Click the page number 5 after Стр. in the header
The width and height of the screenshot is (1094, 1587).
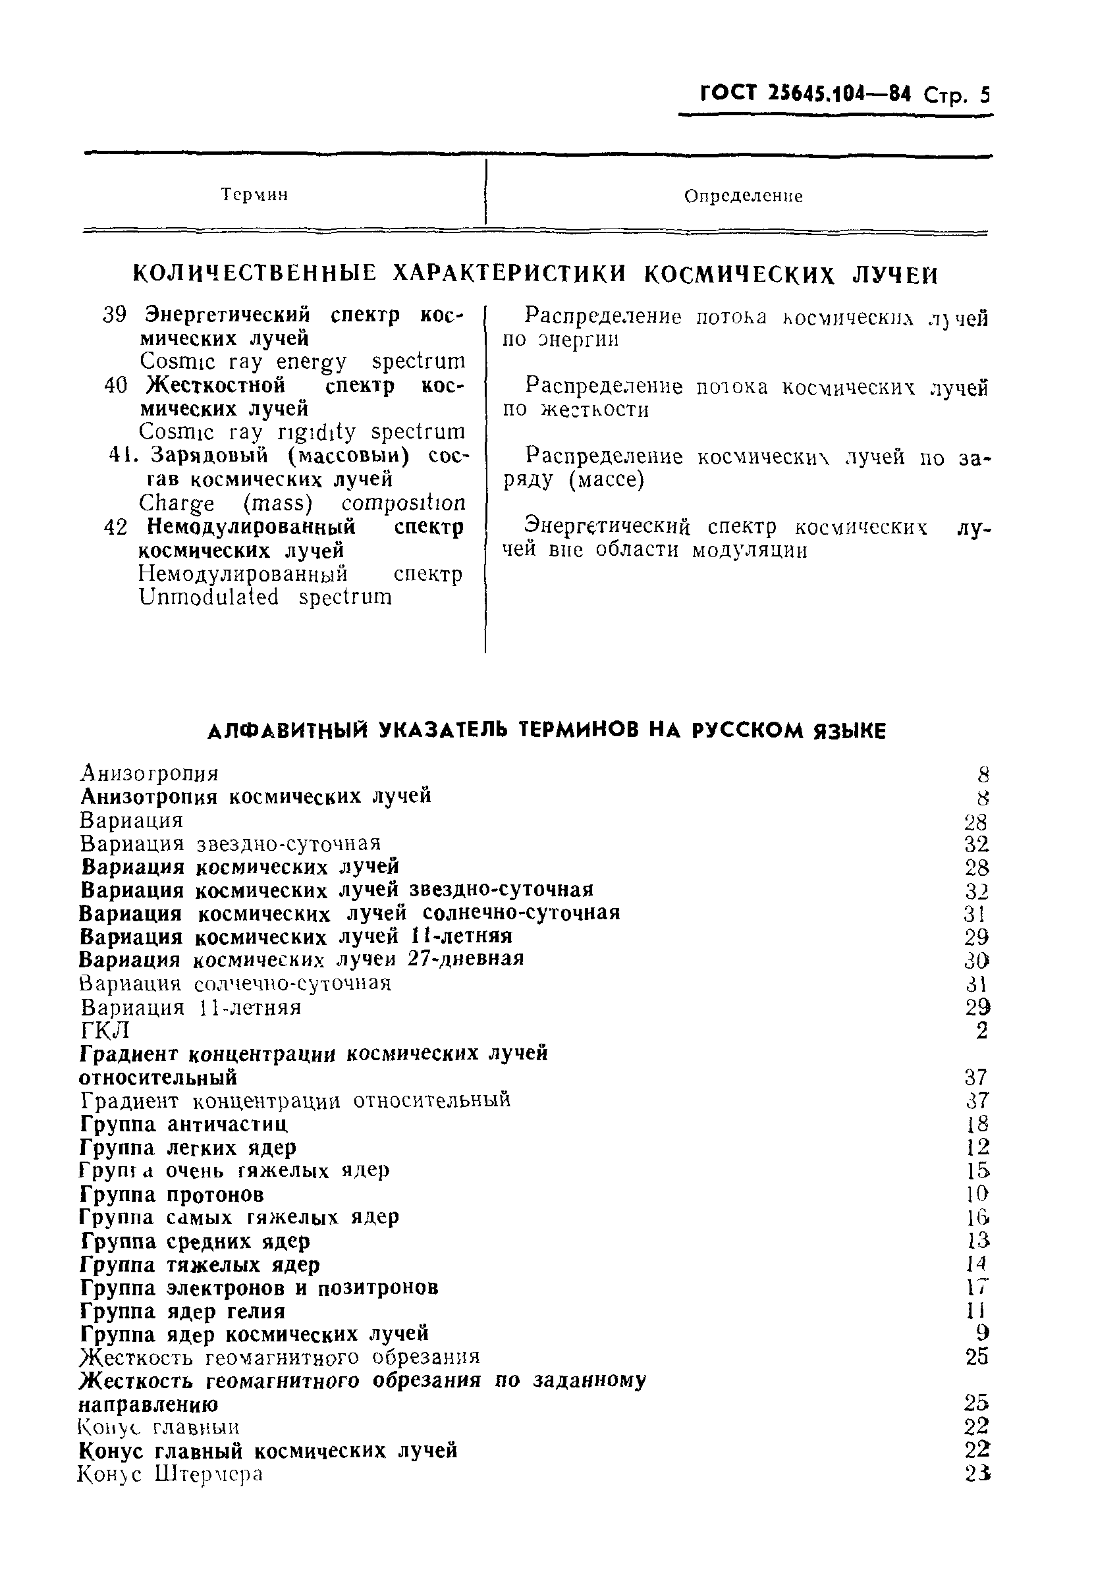tap(984, 95)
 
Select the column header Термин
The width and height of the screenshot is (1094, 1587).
tap(254, 196)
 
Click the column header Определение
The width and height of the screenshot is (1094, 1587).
tap(743, 197)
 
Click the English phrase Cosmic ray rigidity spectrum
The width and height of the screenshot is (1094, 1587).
tap(302, 433)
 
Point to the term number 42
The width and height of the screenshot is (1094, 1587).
tap(115, 527)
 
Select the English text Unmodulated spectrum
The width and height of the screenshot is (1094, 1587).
tap(266, 597)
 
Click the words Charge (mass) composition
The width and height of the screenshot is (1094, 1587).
tap(302, 504)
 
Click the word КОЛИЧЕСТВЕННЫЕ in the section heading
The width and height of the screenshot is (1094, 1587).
tap(254, 274)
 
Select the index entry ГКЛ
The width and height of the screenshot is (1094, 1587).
tap(104, 1030)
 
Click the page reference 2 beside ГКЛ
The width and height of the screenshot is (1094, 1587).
tap(981, 1031)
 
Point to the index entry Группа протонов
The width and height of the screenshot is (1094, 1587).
tap(171, 1195)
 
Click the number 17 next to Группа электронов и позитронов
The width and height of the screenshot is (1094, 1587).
tap(977, 1287)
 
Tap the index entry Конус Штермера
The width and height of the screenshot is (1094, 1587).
tap(170, 1474)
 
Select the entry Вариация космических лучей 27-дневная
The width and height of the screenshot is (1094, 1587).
tap(302, 959)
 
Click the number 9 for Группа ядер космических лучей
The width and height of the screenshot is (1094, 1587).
tap(981, 1333)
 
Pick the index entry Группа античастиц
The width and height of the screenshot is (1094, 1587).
tap(184, 1125)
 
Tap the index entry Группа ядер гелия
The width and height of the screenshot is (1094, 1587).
tap(182, 1311)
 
